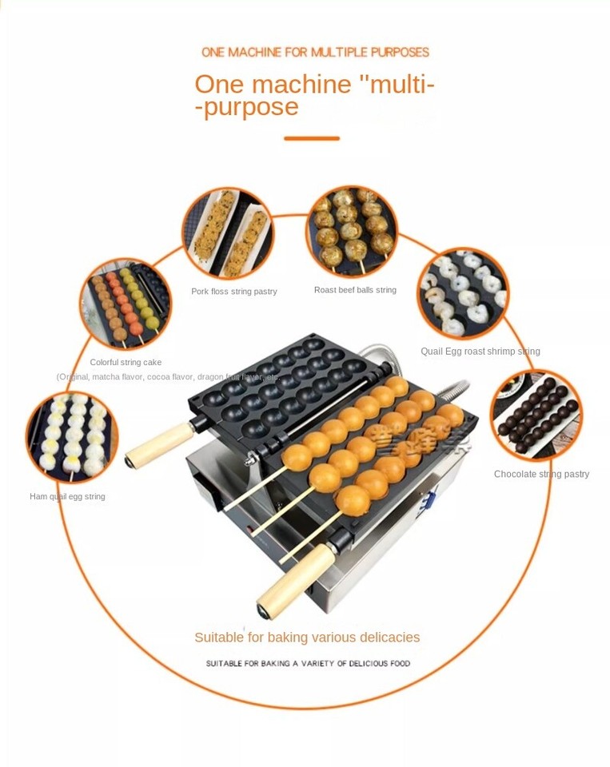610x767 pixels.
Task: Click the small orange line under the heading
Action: [x=312, y=138]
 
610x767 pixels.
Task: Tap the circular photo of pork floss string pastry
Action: [x=228, y=232]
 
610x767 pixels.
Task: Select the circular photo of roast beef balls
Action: [x=352, y=230]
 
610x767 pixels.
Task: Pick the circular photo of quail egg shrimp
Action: [x=463, y=293]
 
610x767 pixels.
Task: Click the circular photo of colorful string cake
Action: [x=126, y=304]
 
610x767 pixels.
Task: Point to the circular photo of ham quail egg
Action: [x=72, y=437]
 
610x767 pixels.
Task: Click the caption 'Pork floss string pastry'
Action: [x=234, y=292]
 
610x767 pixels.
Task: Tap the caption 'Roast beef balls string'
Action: [x=355, y=290]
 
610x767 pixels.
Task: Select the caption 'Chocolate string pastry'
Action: [x=541, y=474]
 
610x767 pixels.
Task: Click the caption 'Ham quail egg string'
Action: [x=67, y=496]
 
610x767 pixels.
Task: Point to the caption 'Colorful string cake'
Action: [x=126, y=362]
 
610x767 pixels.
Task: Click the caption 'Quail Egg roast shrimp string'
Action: [x=480, y=351]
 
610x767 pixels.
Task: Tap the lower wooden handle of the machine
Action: [x=295, y=579]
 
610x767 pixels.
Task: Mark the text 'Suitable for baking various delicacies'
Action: [x=307, y=638]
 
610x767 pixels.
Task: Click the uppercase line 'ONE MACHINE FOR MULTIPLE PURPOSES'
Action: [x=315, y=53]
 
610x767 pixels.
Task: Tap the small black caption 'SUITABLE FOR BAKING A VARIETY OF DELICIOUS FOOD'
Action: [x=308, y=663]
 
